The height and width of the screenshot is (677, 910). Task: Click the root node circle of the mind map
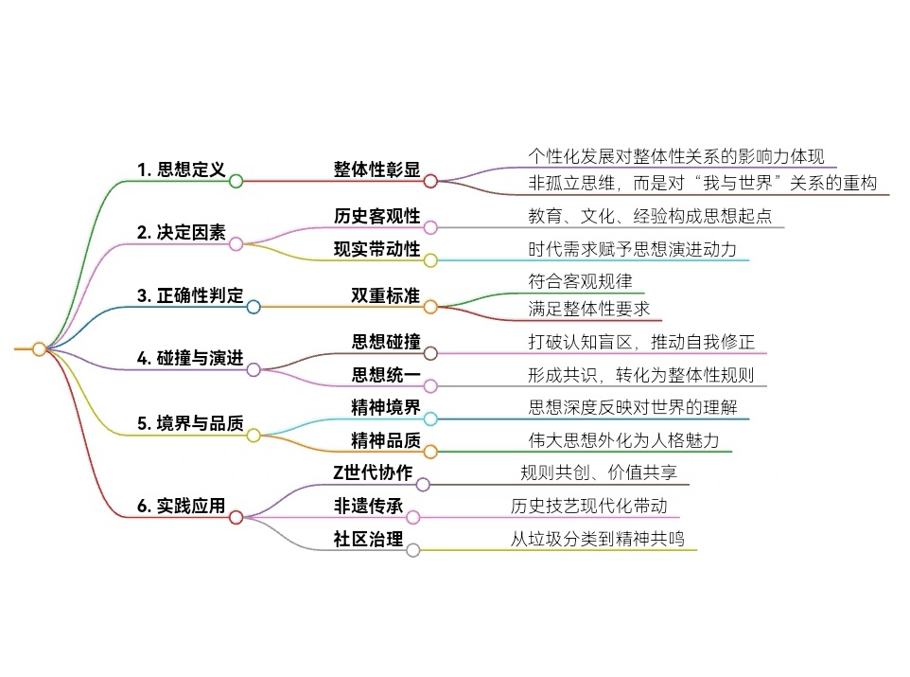click(39, 349)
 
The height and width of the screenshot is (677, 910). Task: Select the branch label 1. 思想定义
click(181, 170)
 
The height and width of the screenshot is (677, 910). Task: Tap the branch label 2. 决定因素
click(181, 233)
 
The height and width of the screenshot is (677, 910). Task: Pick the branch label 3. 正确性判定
click(189, 295)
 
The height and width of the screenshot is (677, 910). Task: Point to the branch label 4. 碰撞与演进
click(189, 359)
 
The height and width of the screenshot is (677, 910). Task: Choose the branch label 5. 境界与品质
click(189, 422)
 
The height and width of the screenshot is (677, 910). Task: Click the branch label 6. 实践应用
click(181, 507)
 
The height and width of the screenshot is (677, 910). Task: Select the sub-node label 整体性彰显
click(376, 169)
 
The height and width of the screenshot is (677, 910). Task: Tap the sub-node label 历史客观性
click(376, 216)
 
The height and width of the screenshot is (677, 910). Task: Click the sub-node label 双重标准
click(384, 295)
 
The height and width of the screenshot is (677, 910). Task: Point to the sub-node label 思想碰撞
click(384, 342)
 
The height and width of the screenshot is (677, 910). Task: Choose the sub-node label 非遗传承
click(368, 507)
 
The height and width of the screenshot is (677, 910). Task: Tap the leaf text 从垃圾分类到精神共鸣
click(597, 539)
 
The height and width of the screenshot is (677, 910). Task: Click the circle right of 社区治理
click(413, 549)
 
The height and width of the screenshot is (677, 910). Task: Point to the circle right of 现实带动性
click(429, 259)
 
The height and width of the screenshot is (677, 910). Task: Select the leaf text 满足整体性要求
click(588, 310)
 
